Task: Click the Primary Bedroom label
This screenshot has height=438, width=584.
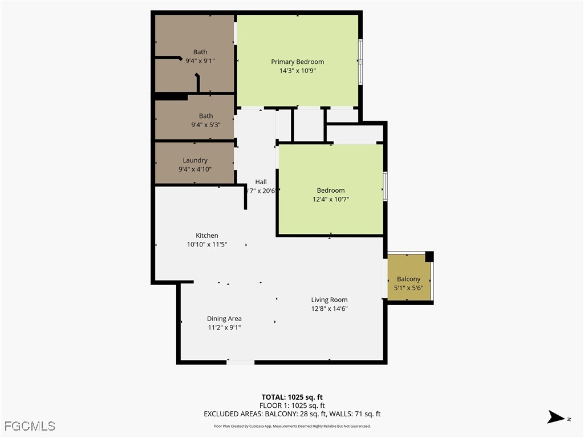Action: [297, 62]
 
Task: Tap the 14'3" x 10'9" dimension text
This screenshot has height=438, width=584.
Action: [297, 71]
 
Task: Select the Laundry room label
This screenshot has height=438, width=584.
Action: [195, 160]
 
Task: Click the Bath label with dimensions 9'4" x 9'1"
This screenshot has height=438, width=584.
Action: [200, 52]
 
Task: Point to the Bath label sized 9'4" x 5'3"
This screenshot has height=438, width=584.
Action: [205, 116]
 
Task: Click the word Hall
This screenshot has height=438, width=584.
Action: [261, 182]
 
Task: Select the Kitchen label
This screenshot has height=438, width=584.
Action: [206, 236]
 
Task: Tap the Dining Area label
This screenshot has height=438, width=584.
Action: [224, 319]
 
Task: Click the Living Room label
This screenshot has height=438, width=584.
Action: [329, 299]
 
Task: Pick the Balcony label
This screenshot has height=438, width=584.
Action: [408, 279]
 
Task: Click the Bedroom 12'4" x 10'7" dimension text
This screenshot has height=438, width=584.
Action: [331, 200]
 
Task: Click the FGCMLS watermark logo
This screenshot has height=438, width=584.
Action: [30, 426]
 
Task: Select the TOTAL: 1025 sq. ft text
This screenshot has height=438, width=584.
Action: [292, 397]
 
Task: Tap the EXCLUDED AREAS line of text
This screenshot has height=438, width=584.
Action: [292, 414]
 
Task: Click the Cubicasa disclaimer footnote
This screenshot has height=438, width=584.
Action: [292, 426]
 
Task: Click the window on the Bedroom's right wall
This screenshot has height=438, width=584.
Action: [385, 186]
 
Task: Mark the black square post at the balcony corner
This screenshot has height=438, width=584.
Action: [429, 257]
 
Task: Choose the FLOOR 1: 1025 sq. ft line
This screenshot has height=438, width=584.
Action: [292, 405]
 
